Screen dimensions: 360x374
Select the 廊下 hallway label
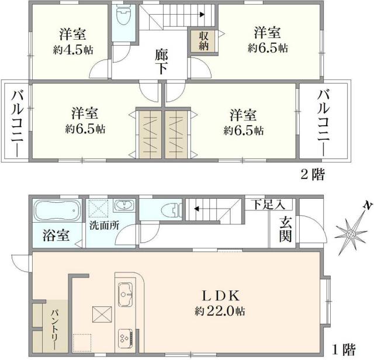(x=162, y=60)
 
